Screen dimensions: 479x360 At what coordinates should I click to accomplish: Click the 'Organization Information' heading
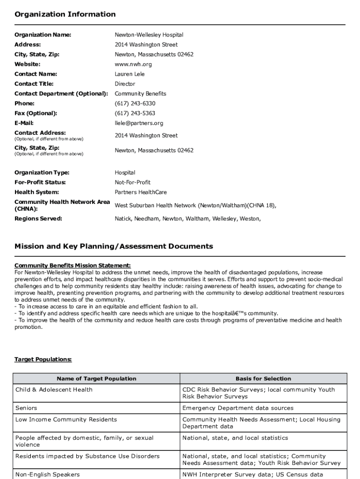pos(65,15)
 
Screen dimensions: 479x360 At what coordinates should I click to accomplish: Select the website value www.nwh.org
pos(133,64)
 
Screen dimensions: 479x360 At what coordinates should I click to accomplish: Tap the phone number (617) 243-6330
pos(135,103)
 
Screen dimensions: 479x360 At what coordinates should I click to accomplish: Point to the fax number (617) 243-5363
pos(135,113)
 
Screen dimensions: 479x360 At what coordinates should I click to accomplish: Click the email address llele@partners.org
pos(139,123)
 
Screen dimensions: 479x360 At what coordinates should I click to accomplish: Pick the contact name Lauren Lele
pos(130,74)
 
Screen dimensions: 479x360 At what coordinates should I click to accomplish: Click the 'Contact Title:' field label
pos(34,84)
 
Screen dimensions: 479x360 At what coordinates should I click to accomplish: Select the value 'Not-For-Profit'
pos(133,182)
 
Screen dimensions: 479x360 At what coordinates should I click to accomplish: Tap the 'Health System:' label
pos(37,192)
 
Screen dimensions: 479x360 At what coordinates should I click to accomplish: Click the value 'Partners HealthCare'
pos(141,192)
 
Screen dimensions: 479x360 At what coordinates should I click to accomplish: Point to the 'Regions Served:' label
pos(38,218)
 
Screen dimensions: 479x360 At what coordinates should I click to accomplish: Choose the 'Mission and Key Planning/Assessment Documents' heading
pos(114,247)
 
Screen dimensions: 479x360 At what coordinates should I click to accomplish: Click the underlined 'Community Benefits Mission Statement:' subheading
pos(72,266)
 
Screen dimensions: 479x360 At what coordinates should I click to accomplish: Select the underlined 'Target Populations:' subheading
pos(43,359)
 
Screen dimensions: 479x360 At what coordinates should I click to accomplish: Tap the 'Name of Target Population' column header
pos(96,379)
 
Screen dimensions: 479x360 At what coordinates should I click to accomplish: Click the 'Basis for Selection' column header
pos(263,379)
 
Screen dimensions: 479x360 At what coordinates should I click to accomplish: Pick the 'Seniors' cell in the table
pos(26,408)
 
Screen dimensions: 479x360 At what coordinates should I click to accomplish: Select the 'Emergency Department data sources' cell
pos(238,408)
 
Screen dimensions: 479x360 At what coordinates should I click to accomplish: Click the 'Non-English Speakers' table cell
pos(48,474)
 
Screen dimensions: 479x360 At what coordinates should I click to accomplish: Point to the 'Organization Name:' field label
pos(43,35)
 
